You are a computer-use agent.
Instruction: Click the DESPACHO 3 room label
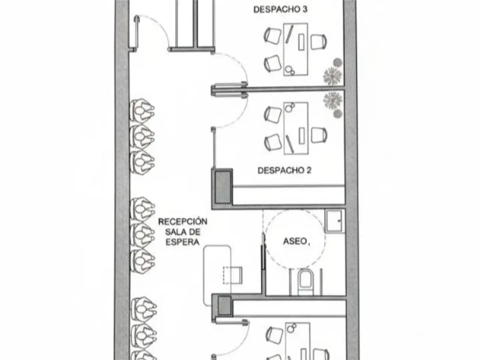point(280,9)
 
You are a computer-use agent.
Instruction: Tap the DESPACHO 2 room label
point(285,170)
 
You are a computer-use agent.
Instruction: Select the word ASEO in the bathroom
point(295,241)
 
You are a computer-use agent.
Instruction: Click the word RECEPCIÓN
point(182,221)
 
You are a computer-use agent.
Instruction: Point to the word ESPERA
point(182,242)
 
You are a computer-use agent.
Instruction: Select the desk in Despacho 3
point(296,49)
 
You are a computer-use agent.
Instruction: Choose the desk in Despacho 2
point(296,128)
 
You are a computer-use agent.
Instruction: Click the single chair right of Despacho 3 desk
point(319,42)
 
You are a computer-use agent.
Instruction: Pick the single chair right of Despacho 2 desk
point(319,135)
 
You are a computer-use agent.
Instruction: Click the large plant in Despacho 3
point(333,76)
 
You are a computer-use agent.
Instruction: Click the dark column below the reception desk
point(224,306)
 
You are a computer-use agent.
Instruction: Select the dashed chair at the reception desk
point(232,275)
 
